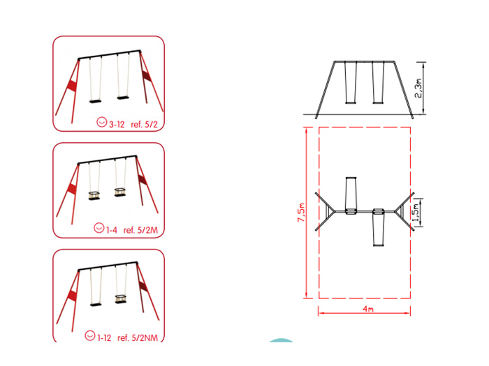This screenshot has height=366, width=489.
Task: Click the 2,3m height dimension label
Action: (x=418, y=88)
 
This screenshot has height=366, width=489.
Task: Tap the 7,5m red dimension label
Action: (x=301, y=213)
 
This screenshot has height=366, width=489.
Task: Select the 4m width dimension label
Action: (x=368, y=309)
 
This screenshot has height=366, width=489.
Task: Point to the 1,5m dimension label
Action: (x=416, y=213)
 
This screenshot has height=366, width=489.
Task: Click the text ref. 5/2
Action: (x=145, y=125)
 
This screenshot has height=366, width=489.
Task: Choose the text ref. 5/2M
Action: (x=140, y=230)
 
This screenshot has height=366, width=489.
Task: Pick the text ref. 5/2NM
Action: (x=138, y=337)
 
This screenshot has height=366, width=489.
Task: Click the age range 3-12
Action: (x=117, y=125)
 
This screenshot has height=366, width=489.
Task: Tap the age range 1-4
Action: (x=112, y=230)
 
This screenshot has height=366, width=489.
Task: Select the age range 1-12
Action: (x=104, y=337)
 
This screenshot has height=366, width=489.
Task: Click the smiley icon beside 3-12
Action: (x=102, y=122)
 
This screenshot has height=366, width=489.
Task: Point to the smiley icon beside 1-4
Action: (x=99, y=228)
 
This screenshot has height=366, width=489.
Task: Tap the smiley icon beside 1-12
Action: (x=90, y=335)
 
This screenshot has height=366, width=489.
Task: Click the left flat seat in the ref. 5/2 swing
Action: (x=96, y=101)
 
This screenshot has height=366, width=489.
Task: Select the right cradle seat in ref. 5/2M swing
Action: (x=120, y=192)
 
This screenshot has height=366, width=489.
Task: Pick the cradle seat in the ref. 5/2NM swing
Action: (x=120, y=299)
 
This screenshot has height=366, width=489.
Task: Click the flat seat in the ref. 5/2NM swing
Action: (x=96, y=305)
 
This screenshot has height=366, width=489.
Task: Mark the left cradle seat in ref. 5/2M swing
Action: (x=94, y=195)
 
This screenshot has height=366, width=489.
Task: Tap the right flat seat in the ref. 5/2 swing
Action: (x=123, y=98)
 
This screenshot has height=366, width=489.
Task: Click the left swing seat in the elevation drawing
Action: (x=351, y=102)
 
